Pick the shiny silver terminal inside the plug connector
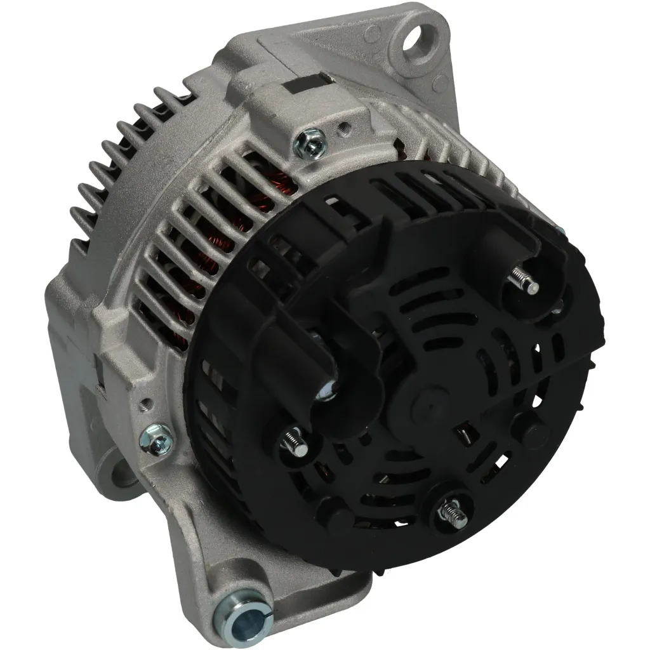328,390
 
